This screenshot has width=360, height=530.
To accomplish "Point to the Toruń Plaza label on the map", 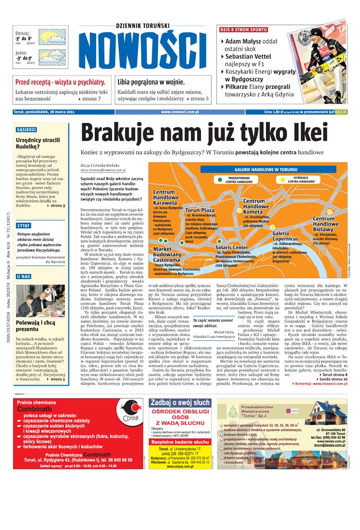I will pyautogui.click(x=200, y=211).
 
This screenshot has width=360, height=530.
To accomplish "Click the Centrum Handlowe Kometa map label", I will pyautogui.click(x=256, y=206).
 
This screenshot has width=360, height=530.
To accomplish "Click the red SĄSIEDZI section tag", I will pyautogui.click(x=26, y=130).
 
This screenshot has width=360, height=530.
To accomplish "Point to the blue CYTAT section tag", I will pyautogui.click(x=24, y=226).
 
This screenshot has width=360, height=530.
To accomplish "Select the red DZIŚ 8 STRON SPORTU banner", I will pyautogui.click(x=243, y=29).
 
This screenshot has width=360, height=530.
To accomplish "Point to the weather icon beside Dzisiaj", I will pyautogui.click(x=52, y=38).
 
